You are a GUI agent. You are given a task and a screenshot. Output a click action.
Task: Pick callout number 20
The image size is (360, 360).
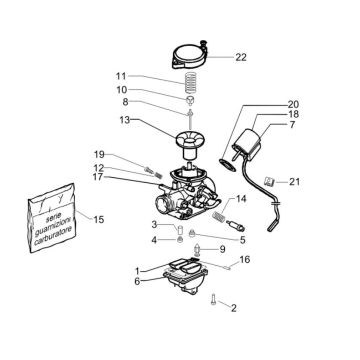292,105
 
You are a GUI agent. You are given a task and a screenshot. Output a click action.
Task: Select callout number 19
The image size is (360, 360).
127,153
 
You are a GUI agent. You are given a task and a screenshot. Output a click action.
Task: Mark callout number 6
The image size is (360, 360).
137,281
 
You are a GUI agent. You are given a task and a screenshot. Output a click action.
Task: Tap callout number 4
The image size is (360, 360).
154,240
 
